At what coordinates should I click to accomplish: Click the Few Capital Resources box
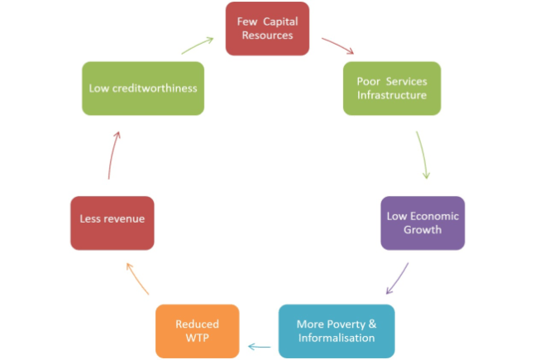(267, 29)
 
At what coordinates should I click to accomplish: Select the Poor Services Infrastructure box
(391, 88)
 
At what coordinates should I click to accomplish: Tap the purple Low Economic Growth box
(423, 223)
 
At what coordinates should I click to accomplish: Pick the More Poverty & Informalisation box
(336, 331)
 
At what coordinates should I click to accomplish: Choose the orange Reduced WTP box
(198, 331)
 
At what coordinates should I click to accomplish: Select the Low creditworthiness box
(142, 88)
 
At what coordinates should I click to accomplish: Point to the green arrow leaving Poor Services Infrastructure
(423, 155)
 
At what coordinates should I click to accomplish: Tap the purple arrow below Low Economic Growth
(399, 279)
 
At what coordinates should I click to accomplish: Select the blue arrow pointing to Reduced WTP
(260, 346)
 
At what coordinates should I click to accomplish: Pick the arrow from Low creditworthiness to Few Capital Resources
(198, 44)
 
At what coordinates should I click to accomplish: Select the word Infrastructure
(392, 94)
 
